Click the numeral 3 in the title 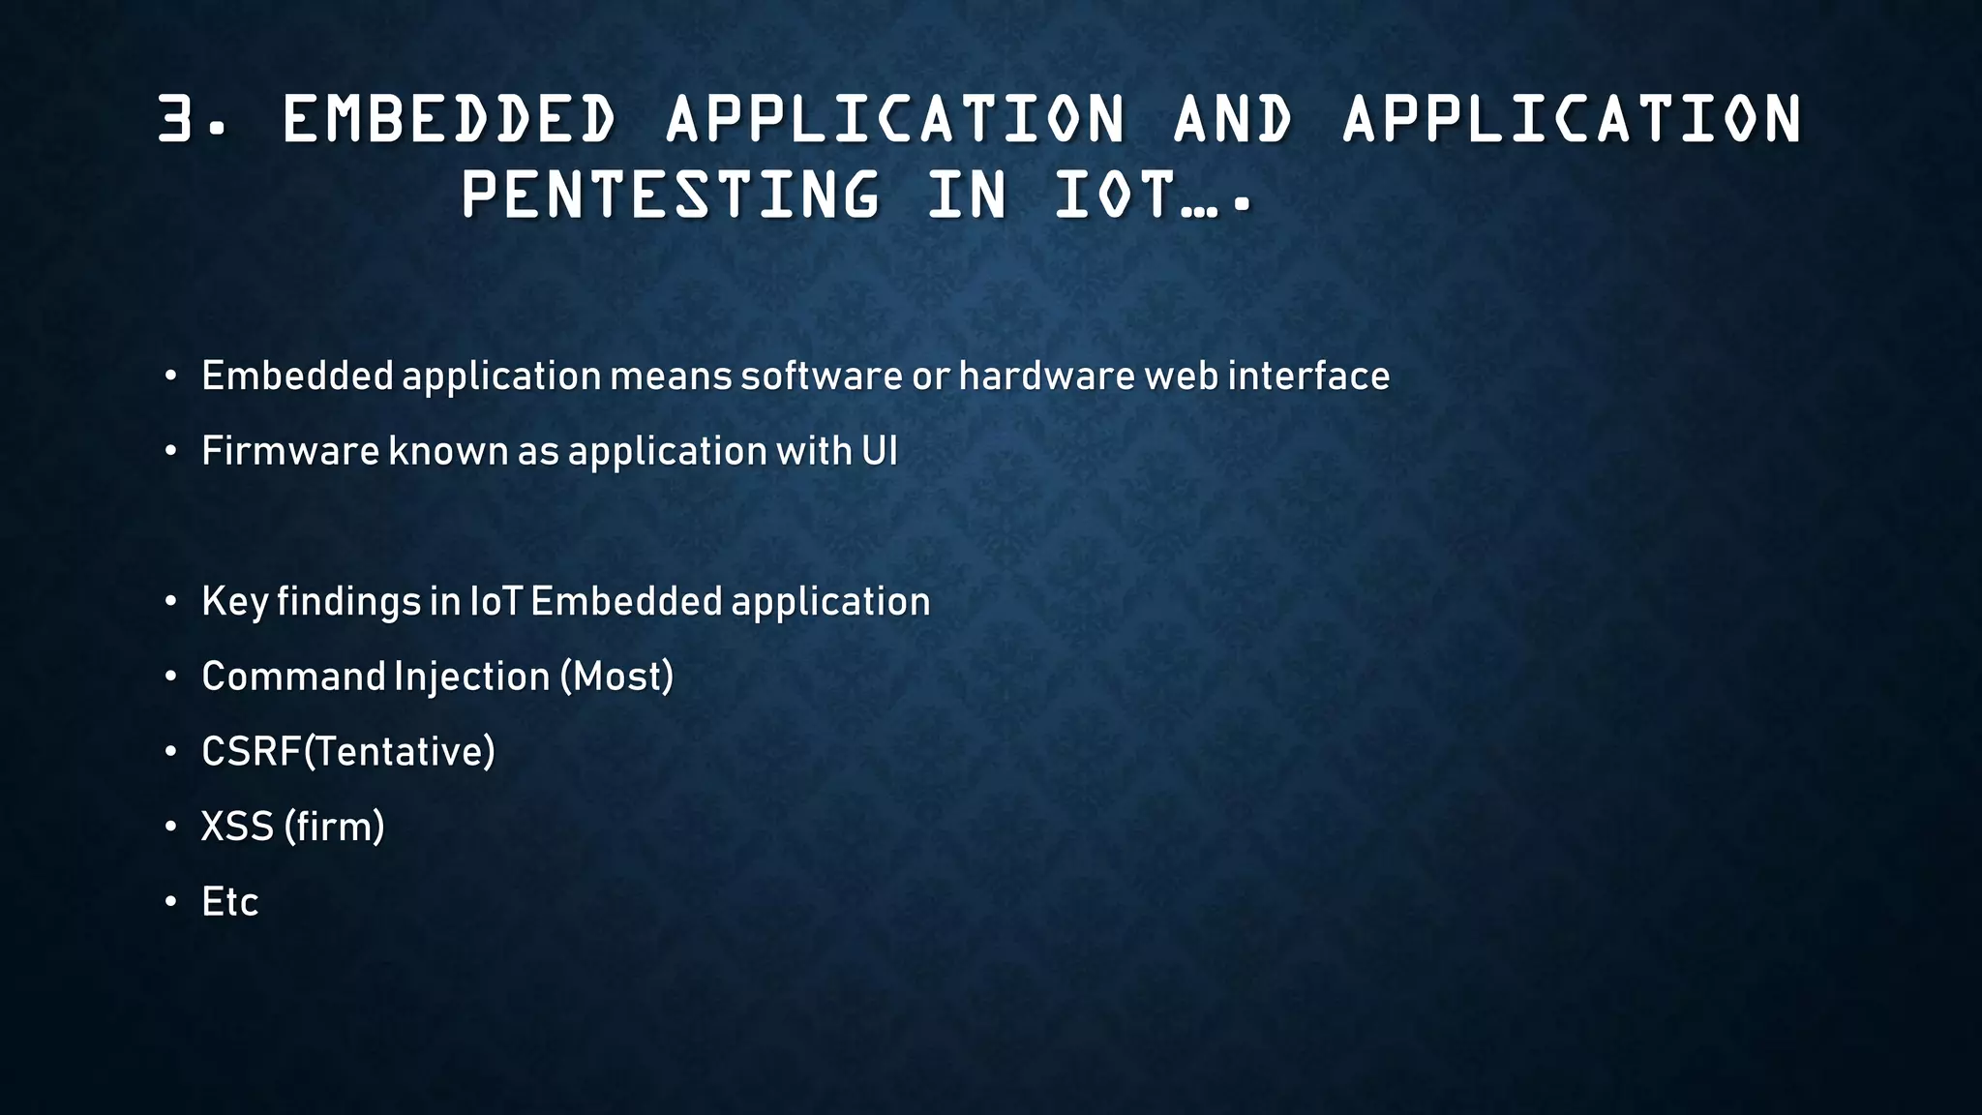(x=176, y=119)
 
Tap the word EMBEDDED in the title (x=448, y=119)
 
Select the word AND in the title (x=1232, y=119)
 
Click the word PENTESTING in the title (x=671, y=195)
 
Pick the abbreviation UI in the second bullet (x=879, y=451)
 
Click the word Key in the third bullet (x=234, y=601)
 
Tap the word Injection (x=472, y=677)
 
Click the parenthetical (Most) (x=616, y=677)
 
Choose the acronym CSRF (x=251, y=752)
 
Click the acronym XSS (x=237, y=827)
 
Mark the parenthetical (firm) (x=334, y=827)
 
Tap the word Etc (x=229, y=902)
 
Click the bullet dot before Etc (x=170, y=902)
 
